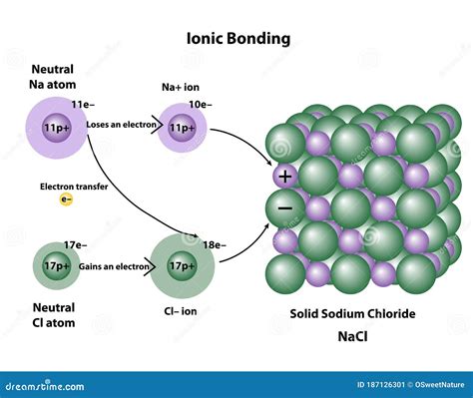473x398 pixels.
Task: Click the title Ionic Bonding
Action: tap(238, 39)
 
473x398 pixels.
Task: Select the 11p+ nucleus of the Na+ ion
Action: tap(183, 129)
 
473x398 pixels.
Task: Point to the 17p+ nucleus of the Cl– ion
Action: tap(183, 266)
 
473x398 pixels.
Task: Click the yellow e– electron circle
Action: tap(66, 199)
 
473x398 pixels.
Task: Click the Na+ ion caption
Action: tap(183, 88)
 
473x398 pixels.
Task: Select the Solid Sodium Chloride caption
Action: tap(352, 313)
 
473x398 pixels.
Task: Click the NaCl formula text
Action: tap(352, 336)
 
